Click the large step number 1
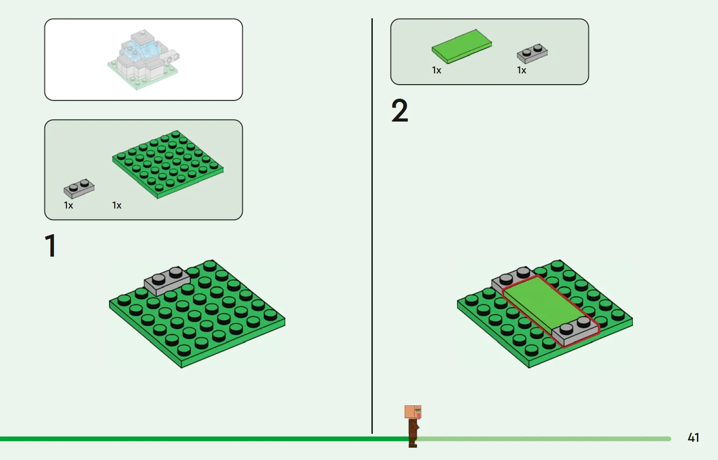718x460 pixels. coord(51,245)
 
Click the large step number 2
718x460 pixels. coord(400,110)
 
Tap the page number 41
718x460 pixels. coord(693,438)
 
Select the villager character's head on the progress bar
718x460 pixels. coord(413,412)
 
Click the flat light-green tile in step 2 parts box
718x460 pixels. coord(462,46)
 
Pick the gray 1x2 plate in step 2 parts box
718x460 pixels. coord(532,53)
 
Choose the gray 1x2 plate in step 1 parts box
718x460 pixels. coord(79,188)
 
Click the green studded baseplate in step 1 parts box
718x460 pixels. coord(167,165)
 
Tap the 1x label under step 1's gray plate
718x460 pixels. coord(68,205)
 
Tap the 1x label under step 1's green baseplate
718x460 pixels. coord(116,205)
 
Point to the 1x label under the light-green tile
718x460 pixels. coord(436,70)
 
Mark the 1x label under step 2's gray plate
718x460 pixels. coord(522,70)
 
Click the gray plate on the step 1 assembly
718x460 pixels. coord(167,281)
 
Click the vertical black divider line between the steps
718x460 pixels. coord(372,226)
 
